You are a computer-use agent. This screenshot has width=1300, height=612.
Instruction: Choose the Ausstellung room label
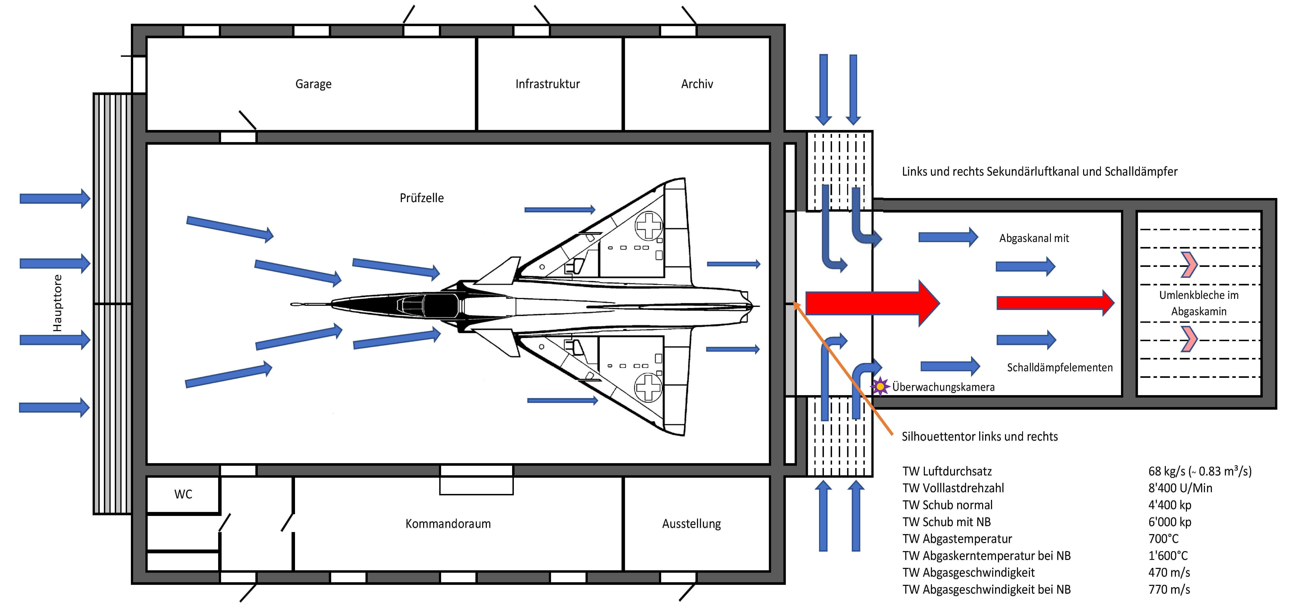coord(691,524)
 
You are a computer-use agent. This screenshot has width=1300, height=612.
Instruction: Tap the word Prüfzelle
coord(421,198)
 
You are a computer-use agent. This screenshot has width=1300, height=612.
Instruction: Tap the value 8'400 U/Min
coord(1180,488)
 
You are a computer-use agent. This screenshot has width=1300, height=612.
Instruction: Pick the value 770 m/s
coord(1169,589)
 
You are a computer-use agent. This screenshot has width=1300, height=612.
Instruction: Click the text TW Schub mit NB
coord(946,522)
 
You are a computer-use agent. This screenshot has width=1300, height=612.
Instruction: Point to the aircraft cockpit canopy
coord(429,305)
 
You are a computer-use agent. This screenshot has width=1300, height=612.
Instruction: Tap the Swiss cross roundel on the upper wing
coord(649,225)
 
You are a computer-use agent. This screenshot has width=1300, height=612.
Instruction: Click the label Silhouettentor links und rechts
coord(980,436)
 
